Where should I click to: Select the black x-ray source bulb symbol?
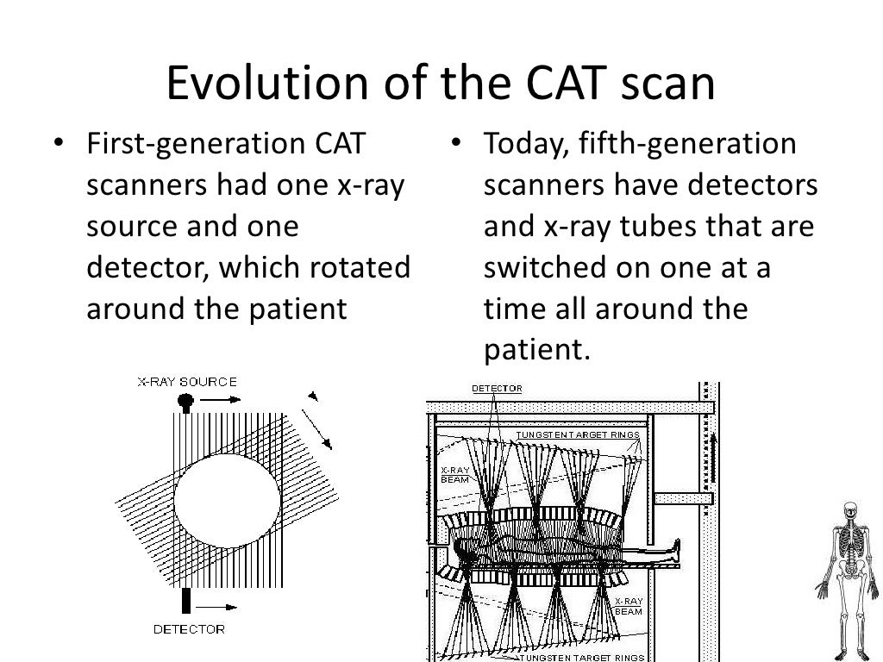click(x=185, y=401)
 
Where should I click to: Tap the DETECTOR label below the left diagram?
click(x=189, y=629)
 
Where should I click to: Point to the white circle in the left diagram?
click(x=227, y=501)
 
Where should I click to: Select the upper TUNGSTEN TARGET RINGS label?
click(x=577, y=434)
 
